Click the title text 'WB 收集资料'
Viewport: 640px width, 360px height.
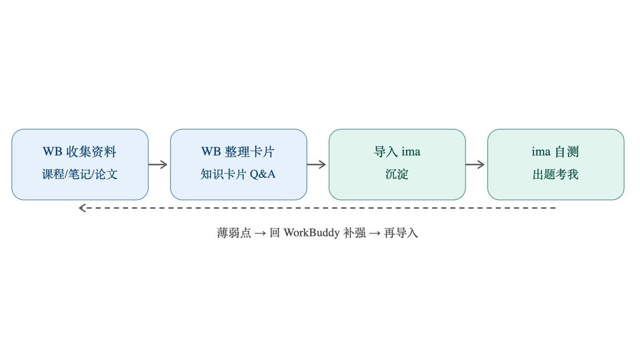[x=80, y=152]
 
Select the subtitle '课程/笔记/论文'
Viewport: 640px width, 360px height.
[x=80, y=175]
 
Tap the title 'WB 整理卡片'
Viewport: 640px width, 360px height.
[x=238, y=152]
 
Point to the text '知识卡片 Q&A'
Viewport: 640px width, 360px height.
[x=238, y=175]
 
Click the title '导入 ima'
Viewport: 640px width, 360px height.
[x=397, y=152]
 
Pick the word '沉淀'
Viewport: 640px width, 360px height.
[x=397, y=175]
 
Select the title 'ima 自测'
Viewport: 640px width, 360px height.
[x=555, y=152]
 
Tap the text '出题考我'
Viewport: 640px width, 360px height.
[x=555, y=175]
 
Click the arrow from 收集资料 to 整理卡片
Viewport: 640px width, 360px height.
[x=158, y=164]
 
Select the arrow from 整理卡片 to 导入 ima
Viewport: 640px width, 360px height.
[x=317, y=164]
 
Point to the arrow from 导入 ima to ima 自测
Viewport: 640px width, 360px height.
[x=475, y=164]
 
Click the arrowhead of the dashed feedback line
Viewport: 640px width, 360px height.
[x=82, y=208]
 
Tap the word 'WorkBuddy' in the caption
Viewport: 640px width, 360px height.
[x=311, y=232]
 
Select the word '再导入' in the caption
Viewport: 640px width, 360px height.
[x=401, y=232]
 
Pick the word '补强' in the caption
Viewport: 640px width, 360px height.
[x=354, y=232]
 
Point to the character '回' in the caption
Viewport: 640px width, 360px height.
[x=275, y=232]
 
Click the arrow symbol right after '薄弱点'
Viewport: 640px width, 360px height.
[x=260, y=234]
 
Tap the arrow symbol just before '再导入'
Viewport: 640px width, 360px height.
[x=375, y=234]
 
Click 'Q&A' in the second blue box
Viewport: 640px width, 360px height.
[x=262, y=175]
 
